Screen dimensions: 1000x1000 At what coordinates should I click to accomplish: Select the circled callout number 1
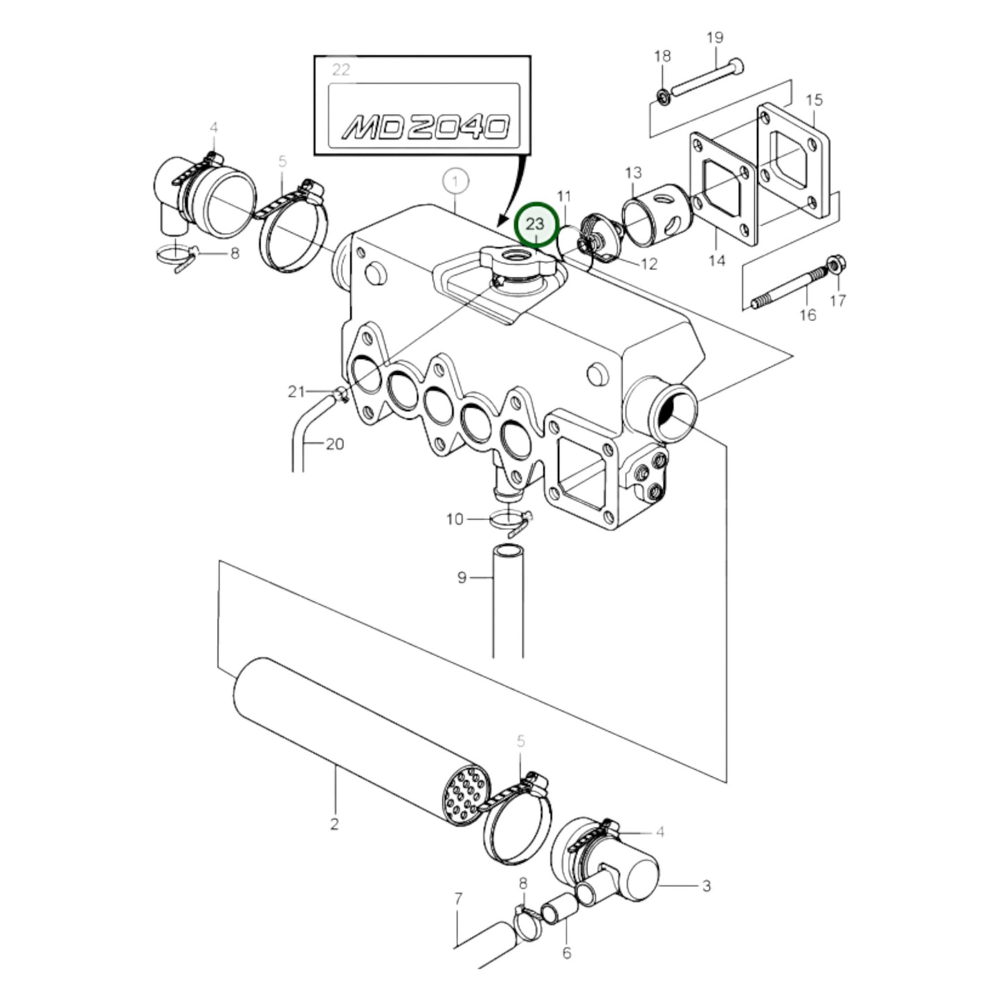pos(455,182)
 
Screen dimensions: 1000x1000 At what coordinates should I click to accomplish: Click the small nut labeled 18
pos(662,94)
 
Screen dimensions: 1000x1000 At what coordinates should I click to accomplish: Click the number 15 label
pos(814,100)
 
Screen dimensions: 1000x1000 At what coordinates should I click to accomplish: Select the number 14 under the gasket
pos(716,260)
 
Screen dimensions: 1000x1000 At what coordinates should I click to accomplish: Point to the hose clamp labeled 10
pos(510,519)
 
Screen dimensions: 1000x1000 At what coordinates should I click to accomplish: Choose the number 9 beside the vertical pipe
pos(462,576)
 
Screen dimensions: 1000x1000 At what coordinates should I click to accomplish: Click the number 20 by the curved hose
pos(334,444)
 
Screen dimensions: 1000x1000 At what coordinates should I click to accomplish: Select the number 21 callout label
pos(296,392)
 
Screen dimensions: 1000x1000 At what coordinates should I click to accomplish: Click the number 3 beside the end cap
pos(706,885)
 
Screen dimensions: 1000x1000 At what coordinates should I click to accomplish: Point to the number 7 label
pos(458,899)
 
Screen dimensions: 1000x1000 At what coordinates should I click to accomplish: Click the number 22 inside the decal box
pos(341,70)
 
